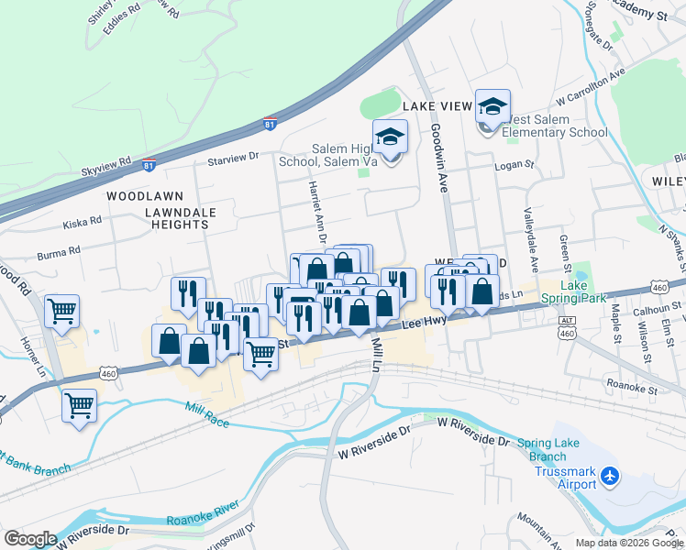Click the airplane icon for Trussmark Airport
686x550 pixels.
(610, 477)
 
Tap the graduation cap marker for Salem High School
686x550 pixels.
(391, 138)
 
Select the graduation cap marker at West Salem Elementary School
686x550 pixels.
(492, 108)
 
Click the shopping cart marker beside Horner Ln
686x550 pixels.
(62, 311)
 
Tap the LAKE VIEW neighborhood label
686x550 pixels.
(437, 106)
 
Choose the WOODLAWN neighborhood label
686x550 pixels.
(145, 196)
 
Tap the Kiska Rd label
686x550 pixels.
(82, 224)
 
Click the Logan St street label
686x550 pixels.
(514, 165)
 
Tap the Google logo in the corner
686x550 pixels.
(30, 539)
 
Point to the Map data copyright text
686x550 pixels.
(629, 543)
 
